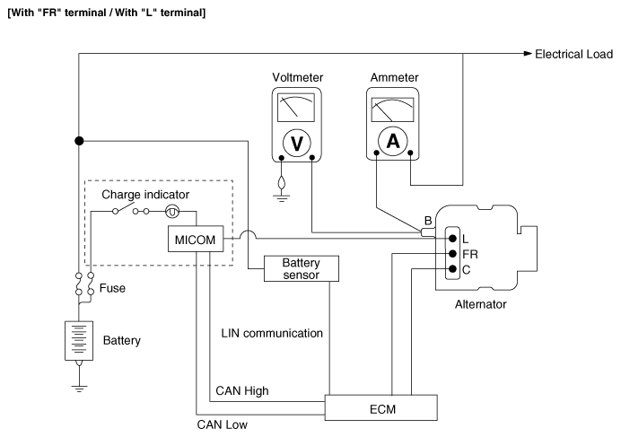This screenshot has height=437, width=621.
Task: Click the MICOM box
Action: tap(196, 239)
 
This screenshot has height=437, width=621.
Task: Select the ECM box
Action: tap(381, 407)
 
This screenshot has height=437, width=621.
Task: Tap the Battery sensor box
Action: tap(302, 268)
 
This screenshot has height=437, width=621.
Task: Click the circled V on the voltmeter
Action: tap(297, 143)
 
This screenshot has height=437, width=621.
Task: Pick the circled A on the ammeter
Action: tap(392, 141)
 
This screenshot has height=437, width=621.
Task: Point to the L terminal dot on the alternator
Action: tap(452, 239)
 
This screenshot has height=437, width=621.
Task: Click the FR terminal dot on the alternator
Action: tap(452, 254)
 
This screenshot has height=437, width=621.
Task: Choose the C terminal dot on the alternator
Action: tap(452, 269)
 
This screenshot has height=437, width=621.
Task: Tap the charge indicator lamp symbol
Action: tap(172, 212)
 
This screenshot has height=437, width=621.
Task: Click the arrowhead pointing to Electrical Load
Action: tap(528, 54)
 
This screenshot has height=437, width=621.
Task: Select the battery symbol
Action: tap(79, 341)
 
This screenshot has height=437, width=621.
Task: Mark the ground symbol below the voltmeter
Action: tap(281, 197)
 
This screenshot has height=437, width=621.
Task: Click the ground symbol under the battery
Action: tap(79, 388)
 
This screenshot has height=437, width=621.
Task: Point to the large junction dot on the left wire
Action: tap(79, 141)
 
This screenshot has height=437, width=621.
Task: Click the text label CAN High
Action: tap(242, 391)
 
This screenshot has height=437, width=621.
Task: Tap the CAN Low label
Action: tap(223, 424)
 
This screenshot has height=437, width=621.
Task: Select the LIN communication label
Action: tap(272, 333)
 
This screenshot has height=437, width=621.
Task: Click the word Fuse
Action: tap(112, 288)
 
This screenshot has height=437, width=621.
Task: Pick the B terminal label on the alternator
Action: tap(428, 221)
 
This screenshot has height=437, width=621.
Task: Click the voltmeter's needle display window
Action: tap(296, 108)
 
